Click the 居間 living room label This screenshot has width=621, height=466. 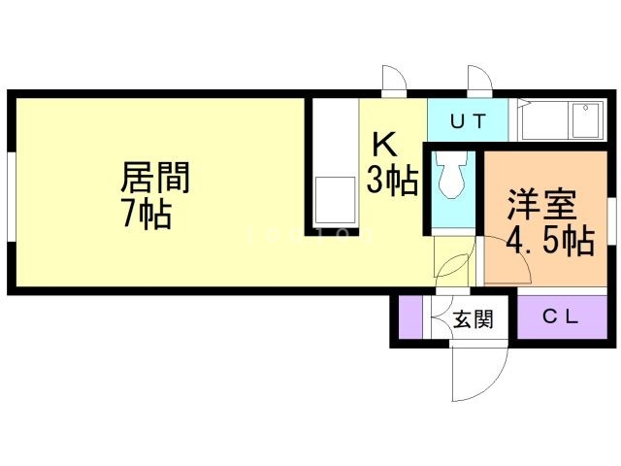pyautogui.click(x=154, y=178)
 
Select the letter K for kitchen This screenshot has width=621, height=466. pyautogui.click(x=384, y=145)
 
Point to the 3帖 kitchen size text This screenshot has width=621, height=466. pyautogui.click(x=392, y=181)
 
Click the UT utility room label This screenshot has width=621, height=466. pyautogui.click(x=468, y=121)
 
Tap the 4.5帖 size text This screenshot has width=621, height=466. pyautogui.click(x=550, y=241)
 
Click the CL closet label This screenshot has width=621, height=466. pyautogui.click(x=561, y=316)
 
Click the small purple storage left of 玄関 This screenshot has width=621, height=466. pyautogui.click(x=411, y=316)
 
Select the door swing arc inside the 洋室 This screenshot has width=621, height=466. pyautogui.click(x=505, y=264)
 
